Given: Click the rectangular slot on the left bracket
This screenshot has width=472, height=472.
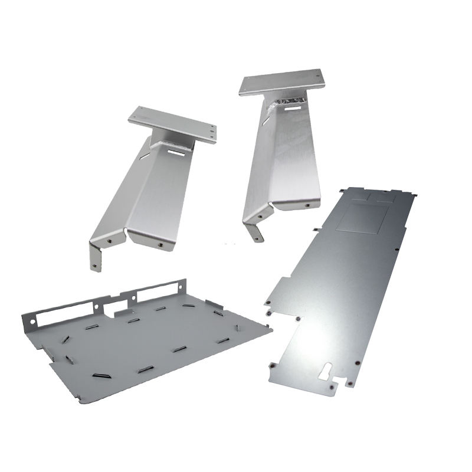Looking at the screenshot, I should click(175, 152).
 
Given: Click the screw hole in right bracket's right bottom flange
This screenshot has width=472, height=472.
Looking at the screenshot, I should click(308, 204).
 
